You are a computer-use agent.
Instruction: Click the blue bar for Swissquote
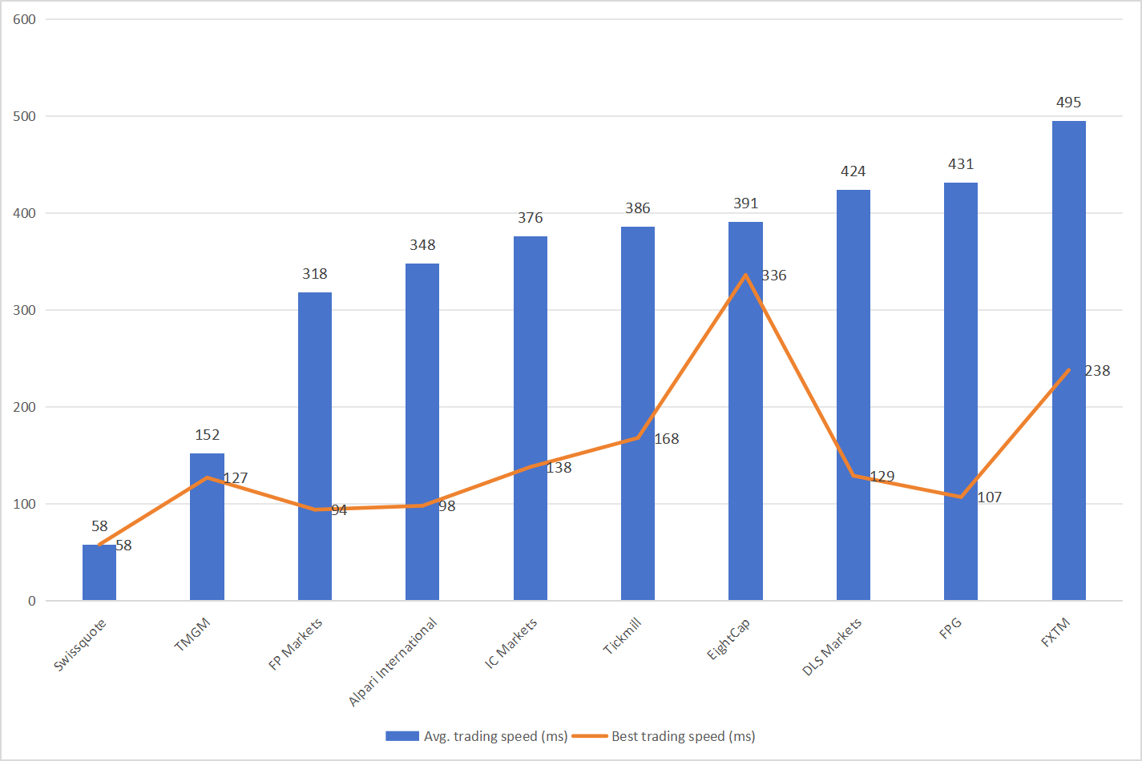(x=99, y=573)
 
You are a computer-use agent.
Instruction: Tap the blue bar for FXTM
(x=1068, y=360)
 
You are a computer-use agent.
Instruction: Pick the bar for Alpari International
(x=422, y=433)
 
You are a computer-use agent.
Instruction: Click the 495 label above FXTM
(x=1068, y=103)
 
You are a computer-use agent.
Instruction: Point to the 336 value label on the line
(x=774, y=276)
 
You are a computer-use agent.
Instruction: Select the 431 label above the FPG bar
(x=960, y=164)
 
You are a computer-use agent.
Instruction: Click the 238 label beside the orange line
(x=1097, y=371)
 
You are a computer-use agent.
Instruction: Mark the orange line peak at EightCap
(x=745, y=275)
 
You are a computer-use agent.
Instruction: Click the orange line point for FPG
(x=960, y=497)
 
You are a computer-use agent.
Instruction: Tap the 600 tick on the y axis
(x=25, y=19)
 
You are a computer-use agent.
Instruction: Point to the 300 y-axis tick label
(x=25, y=310)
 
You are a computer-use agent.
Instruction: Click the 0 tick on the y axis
(x=32, y=601)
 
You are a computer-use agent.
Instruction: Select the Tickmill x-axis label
(x=623, y=636)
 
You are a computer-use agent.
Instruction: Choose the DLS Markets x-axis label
(x=832, y=646)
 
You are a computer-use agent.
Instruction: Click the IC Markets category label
(x=510, y=643)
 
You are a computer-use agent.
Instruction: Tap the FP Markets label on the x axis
(x=295, y=644)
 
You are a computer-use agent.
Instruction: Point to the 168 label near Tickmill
(x=667, y=439)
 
